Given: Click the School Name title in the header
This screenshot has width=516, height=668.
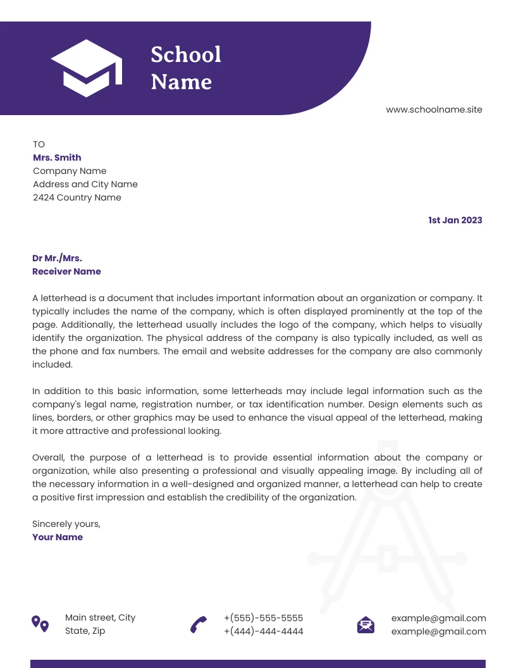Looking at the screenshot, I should click(185, 68).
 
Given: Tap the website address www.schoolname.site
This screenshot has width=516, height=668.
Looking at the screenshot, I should click(434, 109).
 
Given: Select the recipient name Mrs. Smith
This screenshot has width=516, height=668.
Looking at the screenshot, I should click(57, 158).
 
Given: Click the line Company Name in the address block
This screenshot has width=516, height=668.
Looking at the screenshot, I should click(70, 171).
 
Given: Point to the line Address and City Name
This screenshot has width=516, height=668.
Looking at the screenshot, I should click(85, 184).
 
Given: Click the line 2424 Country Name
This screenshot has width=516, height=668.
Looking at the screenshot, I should click(77, 197).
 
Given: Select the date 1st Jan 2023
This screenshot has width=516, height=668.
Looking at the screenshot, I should click(455, 220).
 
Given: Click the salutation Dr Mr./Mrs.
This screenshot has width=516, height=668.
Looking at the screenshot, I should click(57, 258).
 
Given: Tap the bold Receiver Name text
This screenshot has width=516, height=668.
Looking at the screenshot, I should click(66, 271).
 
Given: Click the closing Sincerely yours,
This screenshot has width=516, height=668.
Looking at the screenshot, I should click(66, 524).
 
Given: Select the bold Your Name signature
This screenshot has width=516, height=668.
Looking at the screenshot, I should click(58, 537).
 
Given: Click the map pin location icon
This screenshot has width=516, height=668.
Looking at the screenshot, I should click(40, 624).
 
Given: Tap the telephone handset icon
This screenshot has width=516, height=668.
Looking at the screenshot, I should click(199, 624).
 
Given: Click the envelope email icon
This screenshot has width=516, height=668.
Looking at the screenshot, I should click(365, 624).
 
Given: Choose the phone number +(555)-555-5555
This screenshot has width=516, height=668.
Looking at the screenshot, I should click(263, 618).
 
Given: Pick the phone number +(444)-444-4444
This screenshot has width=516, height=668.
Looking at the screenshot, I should click(263, 631).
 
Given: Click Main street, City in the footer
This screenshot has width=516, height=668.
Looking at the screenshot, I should click(100, 617).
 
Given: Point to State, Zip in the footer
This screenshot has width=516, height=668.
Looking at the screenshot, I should click(85, 631).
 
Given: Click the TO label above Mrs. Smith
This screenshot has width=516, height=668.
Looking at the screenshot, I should click(39, 144).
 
